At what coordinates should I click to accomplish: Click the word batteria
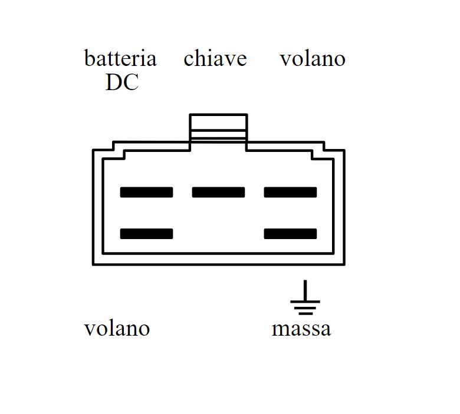120,59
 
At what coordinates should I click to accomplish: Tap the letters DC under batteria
122,83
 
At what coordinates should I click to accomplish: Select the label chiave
215,59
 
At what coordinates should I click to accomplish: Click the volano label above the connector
312,59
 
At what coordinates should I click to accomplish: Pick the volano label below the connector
117,328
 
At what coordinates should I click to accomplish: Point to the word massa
301,328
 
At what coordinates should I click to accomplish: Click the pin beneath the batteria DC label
146,192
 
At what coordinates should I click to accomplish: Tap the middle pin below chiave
218,192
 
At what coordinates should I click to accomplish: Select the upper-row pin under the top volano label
290,192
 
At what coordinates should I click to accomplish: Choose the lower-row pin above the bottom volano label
146,234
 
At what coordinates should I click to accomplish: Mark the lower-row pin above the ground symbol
290,234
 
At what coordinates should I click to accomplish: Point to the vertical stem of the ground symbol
305,290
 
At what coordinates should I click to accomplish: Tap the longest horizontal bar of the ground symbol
305,302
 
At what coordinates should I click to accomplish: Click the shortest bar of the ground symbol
305,313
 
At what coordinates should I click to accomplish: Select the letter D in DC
114,83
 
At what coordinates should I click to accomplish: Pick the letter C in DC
131,83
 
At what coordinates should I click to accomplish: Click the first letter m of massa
280,329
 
